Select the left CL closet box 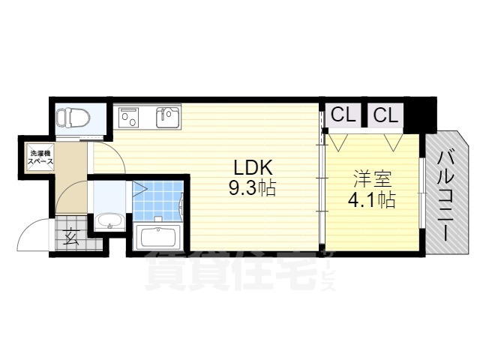[343, 115]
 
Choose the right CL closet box [385, 115]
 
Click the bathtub [157, 238]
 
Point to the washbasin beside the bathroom [110, 223]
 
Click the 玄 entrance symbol [73, 238]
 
